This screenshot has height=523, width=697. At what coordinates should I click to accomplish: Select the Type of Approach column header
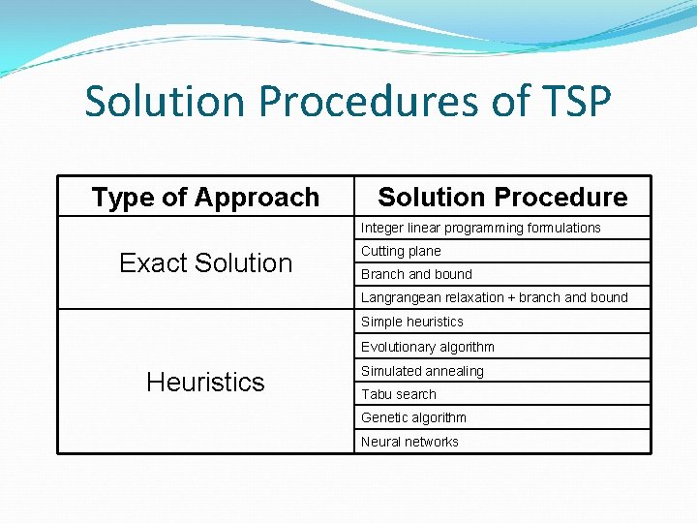coord(205,198)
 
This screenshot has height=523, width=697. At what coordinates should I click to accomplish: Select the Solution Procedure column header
coord(502,198)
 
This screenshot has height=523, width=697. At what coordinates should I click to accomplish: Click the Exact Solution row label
coord(205,262)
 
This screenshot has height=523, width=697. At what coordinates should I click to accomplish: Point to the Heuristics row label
coord(205,382)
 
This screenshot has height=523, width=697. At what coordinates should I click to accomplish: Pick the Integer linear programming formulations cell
coord(481,228)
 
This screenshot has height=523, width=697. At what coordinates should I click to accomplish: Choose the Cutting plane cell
coord(401,251)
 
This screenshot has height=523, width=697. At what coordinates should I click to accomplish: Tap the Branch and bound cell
coord(416,274)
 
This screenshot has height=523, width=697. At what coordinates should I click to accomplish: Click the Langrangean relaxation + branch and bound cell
coord(494,297)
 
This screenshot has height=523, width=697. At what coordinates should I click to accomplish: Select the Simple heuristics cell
coord(412,322)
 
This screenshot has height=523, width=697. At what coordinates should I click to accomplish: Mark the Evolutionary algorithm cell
coord(428,347)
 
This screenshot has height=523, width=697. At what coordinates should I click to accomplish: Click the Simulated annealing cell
coord(422,371)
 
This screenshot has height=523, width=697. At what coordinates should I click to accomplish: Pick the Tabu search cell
coord(399,394)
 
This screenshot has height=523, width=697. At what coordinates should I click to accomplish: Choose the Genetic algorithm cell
coord(413,417)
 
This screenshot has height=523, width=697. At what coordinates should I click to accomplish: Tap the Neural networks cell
coord(409,442)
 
